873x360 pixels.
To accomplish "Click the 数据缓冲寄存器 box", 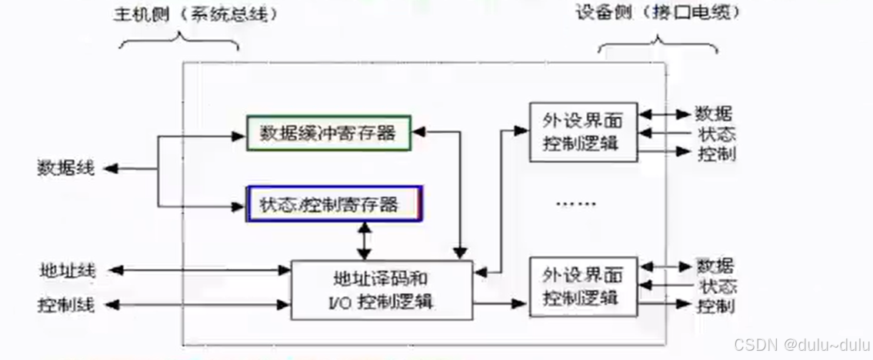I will [328, 133].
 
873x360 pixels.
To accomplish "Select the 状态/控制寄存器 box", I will [334, 204].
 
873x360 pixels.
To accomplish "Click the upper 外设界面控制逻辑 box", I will [583, 132].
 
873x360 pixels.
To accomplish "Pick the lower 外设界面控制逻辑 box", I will [583, 285].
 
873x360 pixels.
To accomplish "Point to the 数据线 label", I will [65, 168].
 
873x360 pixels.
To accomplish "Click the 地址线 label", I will [66, 270].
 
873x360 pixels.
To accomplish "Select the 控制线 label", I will [66, 305].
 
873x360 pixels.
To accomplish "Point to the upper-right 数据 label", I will [714, 114].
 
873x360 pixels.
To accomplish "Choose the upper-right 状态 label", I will [715, 133].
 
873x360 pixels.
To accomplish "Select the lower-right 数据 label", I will [715, 266].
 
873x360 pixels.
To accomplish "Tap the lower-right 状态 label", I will [718, 286].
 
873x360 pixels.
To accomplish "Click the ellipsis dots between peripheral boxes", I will [575, 205].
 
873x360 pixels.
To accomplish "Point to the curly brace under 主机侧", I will [178, 41].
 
